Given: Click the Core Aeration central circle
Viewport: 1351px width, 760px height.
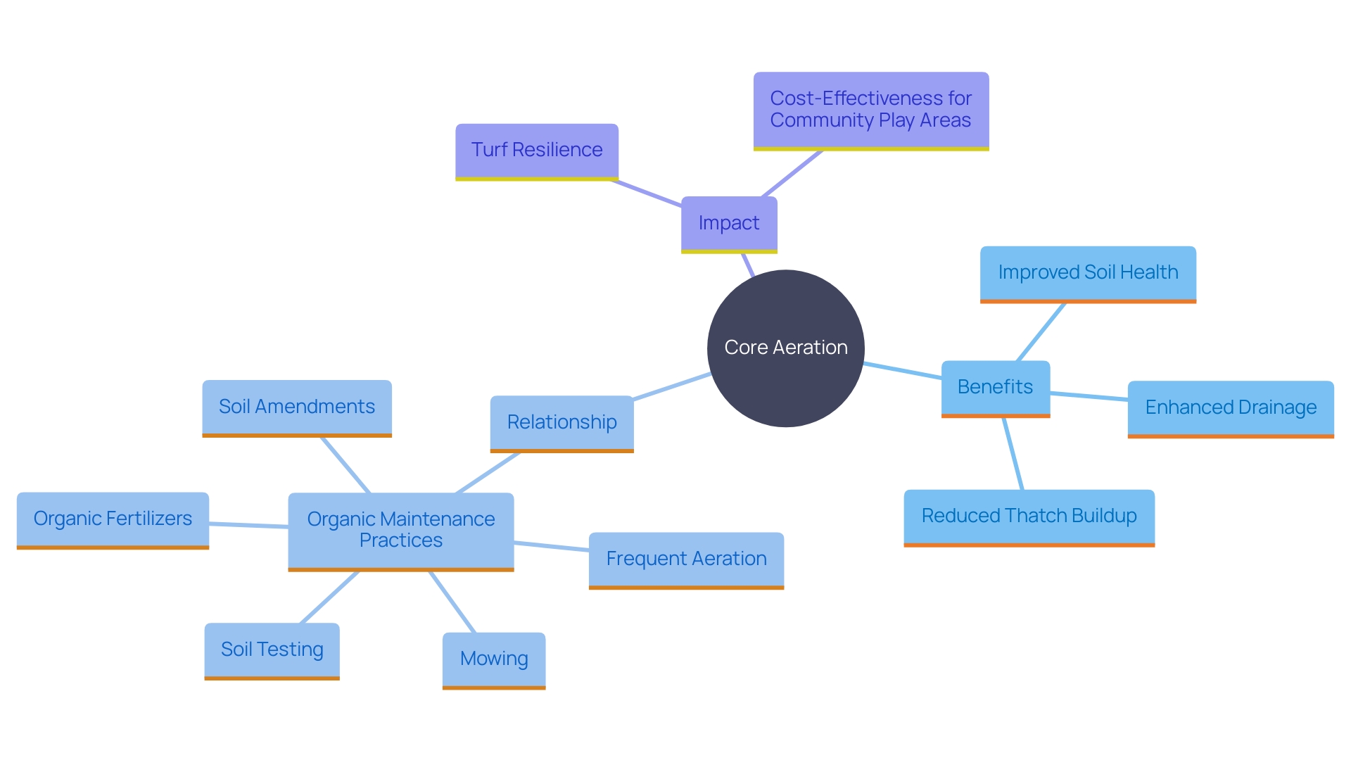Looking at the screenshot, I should (x=785, y=348).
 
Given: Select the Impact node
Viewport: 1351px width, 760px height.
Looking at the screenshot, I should (x=729, y=223).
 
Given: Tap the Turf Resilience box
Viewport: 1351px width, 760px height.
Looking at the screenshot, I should (x=537, y=150).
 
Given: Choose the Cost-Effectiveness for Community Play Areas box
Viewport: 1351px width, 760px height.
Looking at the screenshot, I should (x=870, y=110).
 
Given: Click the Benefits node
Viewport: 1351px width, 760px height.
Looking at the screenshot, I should (x=995, y=387).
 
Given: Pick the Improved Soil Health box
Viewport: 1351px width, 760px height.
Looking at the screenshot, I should (x=1088, y=272).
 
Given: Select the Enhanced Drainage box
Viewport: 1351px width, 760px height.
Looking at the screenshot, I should (x=1231, y=407).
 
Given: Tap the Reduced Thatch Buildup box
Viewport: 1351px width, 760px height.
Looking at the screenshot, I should (x=1029, y=516).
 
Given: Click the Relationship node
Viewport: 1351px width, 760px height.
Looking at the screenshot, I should (x=562, y=422).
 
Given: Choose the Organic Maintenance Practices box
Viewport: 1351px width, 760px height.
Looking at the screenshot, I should (x=401, y=530).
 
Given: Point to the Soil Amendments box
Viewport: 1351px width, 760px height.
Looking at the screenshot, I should (x=297, y=407).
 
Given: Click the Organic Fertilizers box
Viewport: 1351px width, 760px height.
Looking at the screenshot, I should (x=113, y=519).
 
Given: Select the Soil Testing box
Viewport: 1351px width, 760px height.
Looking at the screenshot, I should (x=272, y=650).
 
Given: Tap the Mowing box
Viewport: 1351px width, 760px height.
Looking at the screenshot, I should (x=494, y=659).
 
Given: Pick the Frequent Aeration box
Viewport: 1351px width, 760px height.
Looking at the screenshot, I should (x=686, y=559).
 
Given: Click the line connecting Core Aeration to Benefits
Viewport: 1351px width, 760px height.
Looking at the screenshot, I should (x=903, y=371).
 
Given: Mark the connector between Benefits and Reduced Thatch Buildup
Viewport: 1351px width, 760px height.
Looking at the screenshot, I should (x=1013, y=454).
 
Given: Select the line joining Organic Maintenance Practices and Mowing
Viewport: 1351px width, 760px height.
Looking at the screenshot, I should (x=452, y=602).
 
